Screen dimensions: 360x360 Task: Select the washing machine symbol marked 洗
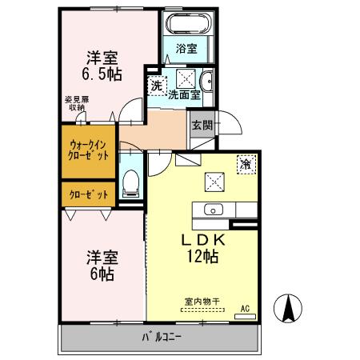[x=156, y=83]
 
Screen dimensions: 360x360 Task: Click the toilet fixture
[x=131, y=182]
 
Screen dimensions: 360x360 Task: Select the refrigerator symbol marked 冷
[x=246, y=162]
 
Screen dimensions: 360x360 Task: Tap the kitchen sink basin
[x=214, y=210]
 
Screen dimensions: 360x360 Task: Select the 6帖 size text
[x=102, y=274]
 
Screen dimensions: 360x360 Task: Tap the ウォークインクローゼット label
[x=88, y=151]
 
